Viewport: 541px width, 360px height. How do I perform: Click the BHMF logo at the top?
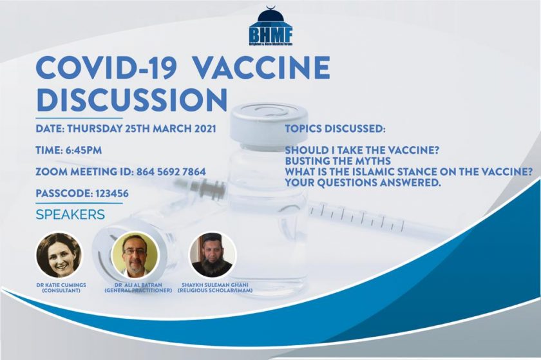[271, 26]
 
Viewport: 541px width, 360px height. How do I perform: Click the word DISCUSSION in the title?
[131, 99]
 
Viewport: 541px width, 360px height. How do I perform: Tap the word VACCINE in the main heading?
[262, 68]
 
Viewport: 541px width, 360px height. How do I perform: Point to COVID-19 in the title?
[106, 68]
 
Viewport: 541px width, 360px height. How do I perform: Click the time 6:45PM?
[83, 150]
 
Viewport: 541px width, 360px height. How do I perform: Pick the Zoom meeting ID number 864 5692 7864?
[171, 171]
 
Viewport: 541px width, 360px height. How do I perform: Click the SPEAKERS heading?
[70, 214]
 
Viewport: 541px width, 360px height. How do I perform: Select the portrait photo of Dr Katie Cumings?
[59, 255]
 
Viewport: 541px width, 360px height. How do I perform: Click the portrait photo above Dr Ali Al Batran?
[135, 255]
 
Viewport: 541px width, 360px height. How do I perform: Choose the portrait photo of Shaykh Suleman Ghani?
[212, 255]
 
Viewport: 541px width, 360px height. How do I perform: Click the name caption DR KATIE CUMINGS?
[61, 285]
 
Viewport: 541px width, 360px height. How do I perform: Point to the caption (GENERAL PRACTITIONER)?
[138, 290]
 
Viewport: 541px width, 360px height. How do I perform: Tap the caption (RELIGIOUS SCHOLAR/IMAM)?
[215, 290]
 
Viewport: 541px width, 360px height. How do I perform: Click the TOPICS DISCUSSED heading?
[335, 129]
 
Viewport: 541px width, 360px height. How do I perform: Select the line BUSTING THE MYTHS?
[337, 161]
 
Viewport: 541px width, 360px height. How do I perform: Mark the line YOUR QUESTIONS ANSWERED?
[363, 183]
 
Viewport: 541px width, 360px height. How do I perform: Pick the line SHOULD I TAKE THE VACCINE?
[361, 150]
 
